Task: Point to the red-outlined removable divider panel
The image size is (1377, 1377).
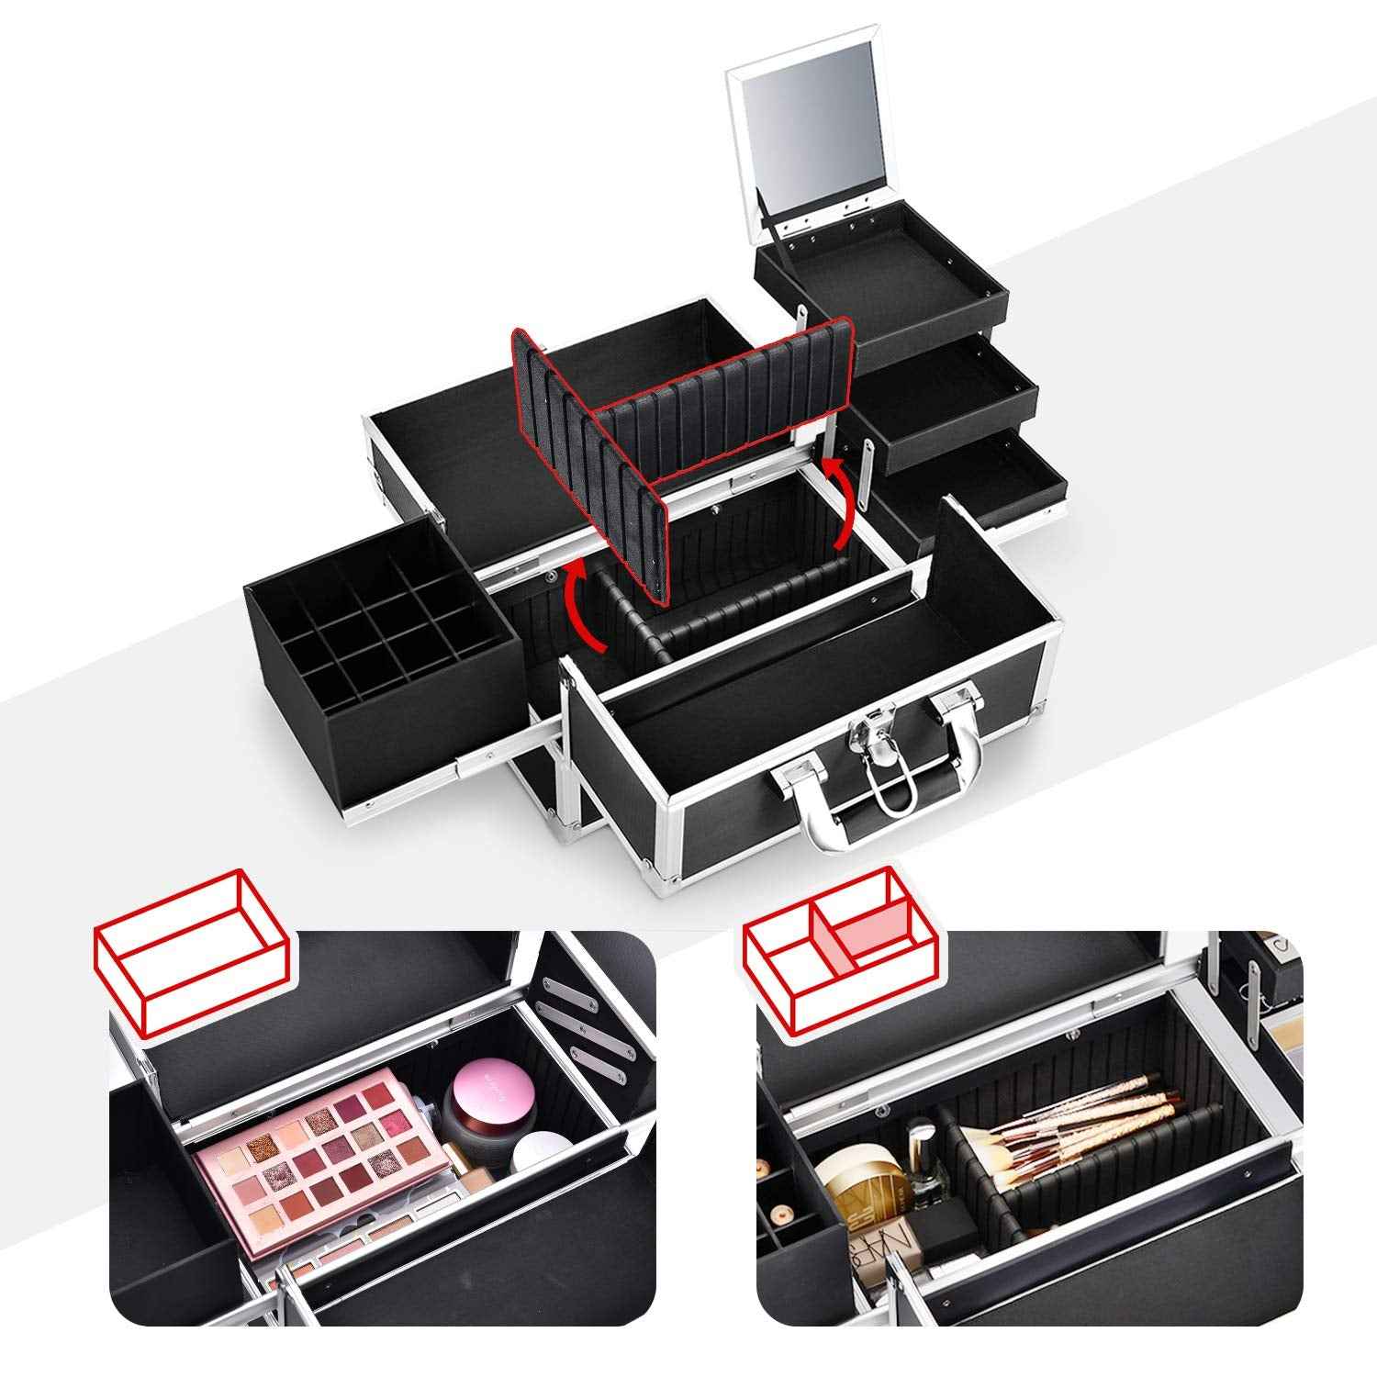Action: (679, 441)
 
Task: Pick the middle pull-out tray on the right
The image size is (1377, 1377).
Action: (946, 395)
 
